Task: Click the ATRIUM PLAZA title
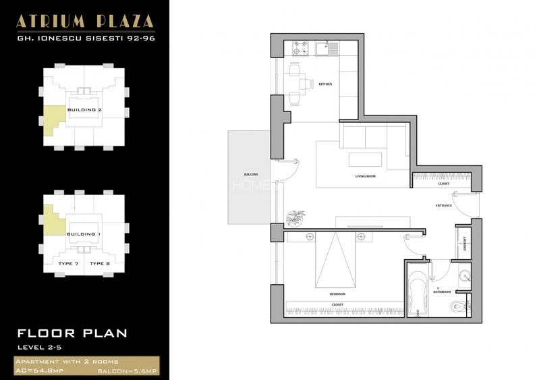click(x=85, y=20)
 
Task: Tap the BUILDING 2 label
click(x=84, y=109)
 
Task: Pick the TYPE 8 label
click(x=99, y=263)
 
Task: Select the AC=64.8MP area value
click(x=38, y=371)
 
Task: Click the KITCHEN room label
click(x=325, y=84)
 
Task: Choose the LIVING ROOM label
click(x=366, y=177)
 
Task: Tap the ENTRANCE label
click(x=443, y=205)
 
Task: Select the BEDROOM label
click(x=337, y=294)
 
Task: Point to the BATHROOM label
click(x=442, y=292)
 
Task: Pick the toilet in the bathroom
click(x=461, y=307)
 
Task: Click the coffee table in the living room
click(x=365, y=159)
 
